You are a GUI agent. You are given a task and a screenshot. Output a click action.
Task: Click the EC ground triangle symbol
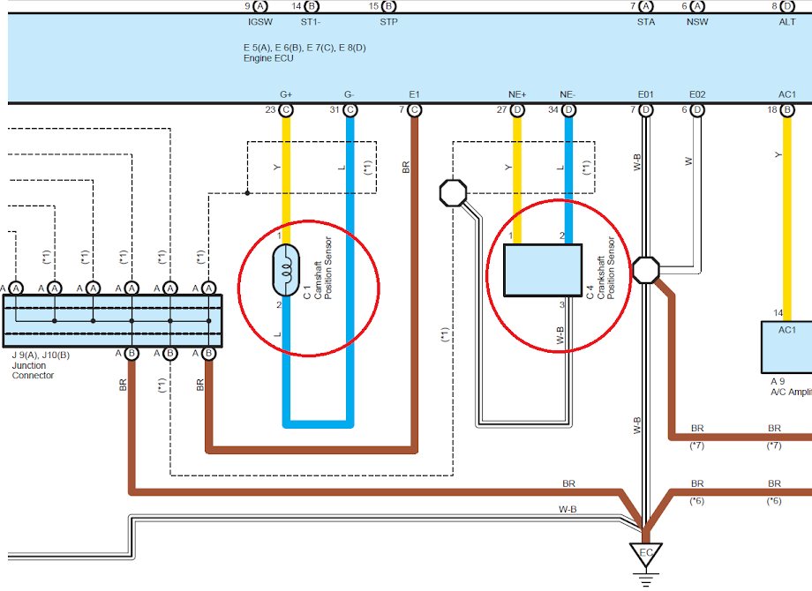click(646, 555)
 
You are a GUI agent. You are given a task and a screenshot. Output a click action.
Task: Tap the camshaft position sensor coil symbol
click(286, 270)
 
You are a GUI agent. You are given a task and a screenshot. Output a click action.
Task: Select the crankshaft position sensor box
click(543, 270)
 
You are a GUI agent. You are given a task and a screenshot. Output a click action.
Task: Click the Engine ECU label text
click(268, 58)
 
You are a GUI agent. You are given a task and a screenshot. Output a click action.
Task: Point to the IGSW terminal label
click(260, 22)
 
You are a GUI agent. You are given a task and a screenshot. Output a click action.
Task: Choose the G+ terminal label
click(286, 94)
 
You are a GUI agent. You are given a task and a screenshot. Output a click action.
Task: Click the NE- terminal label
click(568, 94)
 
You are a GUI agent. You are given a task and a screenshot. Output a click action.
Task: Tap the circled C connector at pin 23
click(286, 110)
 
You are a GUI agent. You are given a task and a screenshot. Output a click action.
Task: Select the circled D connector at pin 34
click(568, 110)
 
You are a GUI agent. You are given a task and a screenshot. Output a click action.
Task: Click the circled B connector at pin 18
click(787, 110)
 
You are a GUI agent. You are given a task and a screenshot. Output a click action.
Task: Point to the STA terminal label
click(646, 22)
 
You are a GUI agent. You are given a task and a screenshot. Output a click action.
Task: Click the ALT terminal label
click(787, 22)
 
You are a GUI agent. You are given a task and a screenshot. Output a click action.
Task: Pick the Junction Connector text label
click(34, 370)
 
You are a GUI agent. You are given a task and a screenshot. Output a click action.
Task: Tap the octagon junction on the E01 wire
click(646, 270)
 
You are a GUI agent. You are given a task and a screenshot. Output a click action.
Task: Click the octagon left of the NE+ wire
click(453, 193)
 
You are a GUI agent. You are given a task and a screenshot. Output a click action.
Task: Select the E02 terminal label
click(697, 94)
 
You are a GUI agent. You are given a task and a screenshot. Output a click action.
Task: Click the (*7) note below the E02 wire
click(697, 445)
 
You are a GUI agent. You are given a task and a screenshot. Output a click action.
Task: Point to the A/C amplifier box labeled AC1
click(786, 347)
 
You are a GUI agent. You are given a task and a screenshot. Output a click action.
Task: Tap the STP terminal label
click(388, 22)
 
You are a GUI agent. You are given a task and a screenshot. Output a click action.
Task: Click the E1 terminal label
click(414, 94)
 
